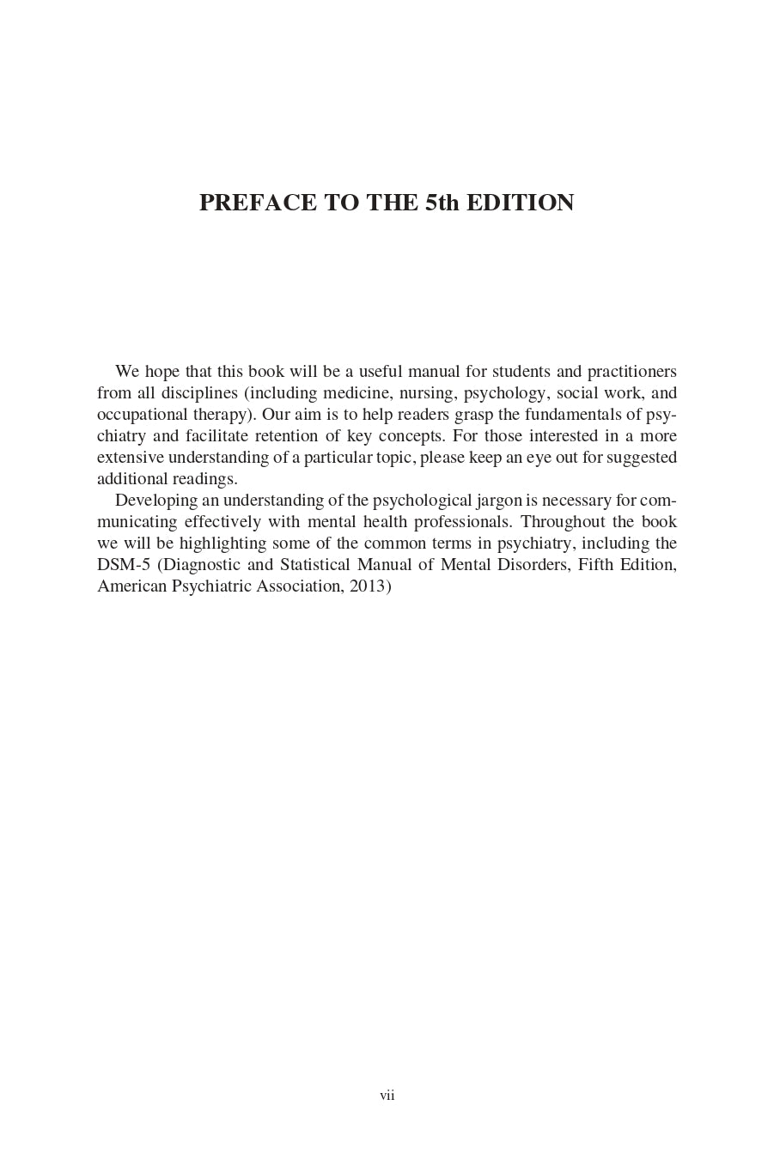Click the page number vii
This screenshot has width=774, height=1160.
[387, 1096]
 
